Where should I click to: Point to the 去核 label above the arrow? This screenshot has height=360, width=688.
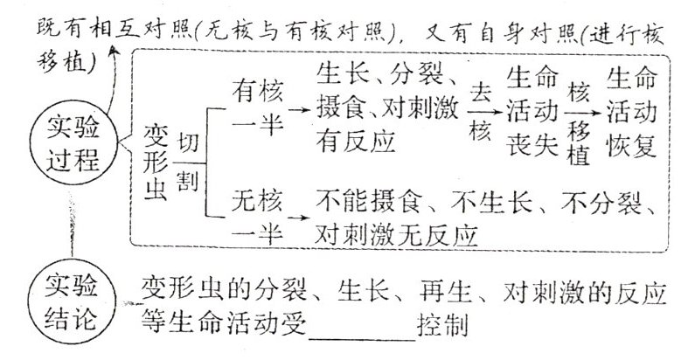click(480, 109)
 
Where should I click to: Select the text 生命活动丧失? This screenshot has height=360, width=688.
click(530, 112)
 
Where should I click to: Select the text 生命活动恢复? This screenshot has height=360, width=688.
click(631, 112)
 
